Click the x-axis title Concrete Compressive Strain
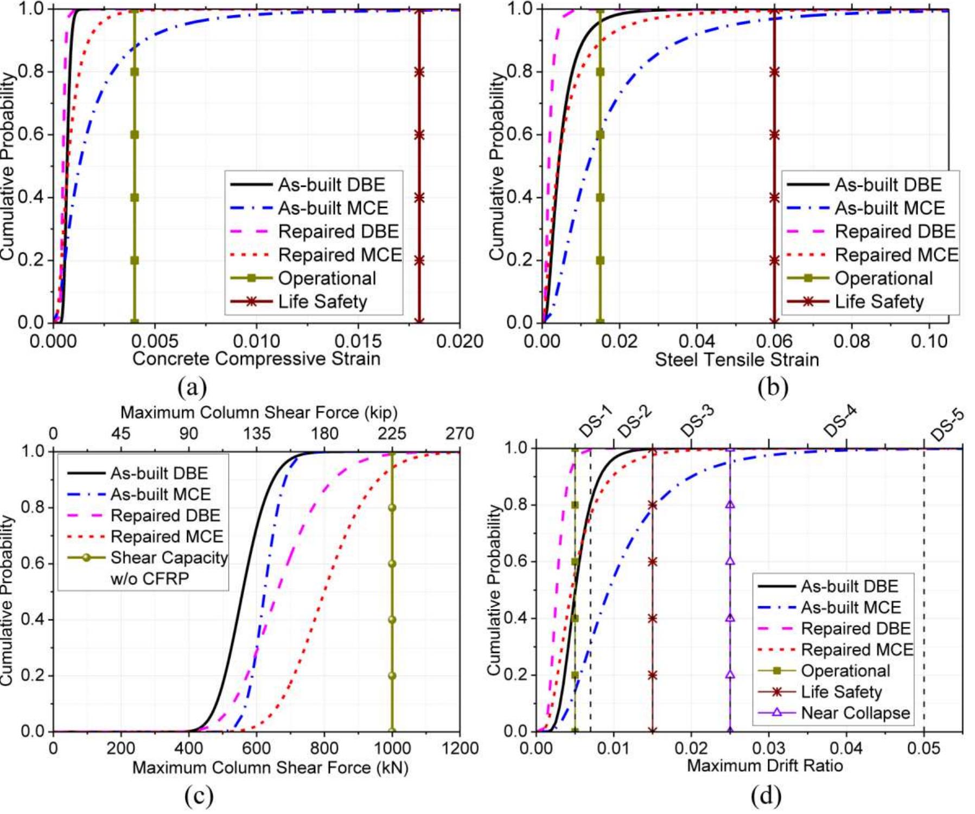[x=256, y=359]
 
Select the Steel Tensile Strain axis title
[x=736, y=359]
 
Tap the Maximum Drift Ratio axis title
[x=764, y=766]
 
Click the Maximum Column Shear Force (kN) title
[x=270, y=768]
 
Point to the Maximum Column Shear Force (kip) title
[x=259, y=412]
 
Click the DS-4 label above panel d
[x=840, y=421]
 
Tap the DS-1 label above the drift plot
[x=596, y=422]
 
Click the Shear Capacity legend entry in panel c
[x=169, y=558]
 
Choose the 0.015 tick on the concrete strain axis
[x=358, y=341]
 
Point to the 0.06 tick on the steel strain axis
[x=774, y=341]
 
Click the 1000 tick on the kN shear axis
[x=392, y=748]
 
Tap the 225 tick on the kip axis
[x=392, y=434]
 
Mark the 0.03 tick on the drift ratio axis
[x=769, y=748]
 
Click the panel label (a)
[x=192, y=387]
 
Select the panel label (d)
[x=766, y=795]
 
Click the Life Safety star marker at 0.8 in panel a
[x=419, y=72]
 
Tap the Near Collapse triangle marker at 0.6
[x=730, y=561]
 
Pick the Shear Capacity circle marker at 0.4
[x=392, y=620]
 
